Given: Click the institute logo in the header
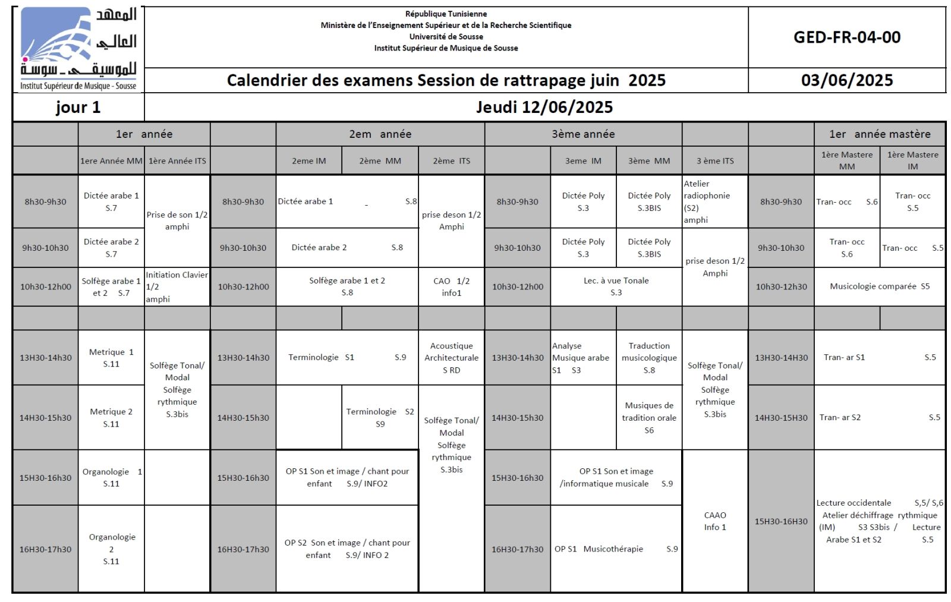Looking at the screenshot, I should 78,49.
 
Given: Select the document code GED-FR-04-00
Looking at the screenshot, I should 846,37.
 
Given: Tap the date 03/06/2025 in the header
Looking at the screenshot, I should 846,80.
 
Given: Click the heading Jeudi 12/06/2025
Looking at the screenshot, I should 544,107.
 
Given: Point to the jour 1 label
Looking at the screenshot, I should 78,108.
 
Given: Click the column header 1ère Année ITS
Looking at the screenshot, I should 177,160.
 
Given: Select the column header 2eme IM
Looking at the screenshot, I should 308,160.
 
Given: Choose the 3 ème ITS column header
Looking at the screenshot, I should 714,160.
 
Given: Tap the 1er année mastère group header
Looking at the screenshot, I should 879,134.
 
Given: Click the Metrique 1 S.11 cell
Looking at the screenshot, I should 111,358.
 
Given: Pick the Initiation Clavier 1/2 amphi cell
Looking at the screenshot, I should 177,286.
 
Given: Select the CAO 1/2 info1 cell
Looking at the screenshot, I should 451,286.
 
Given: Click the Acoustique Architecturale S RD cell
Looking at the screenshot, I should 451,358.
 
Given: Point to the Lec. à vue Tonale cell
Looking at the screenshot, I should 616,286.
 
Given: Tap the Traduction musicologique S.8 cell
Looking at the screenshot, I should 648,358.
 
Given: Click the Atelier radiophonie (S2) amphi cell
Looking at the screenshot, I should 714,201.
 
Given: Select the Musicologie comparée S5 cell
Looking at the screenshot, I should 879,286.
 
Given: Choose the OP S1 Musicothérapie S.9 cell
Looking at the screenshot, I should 616,549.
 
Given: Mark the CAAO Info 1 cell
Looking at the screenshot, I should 714,521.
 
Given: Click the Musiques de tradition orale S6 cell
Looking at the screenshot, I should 648,417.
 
